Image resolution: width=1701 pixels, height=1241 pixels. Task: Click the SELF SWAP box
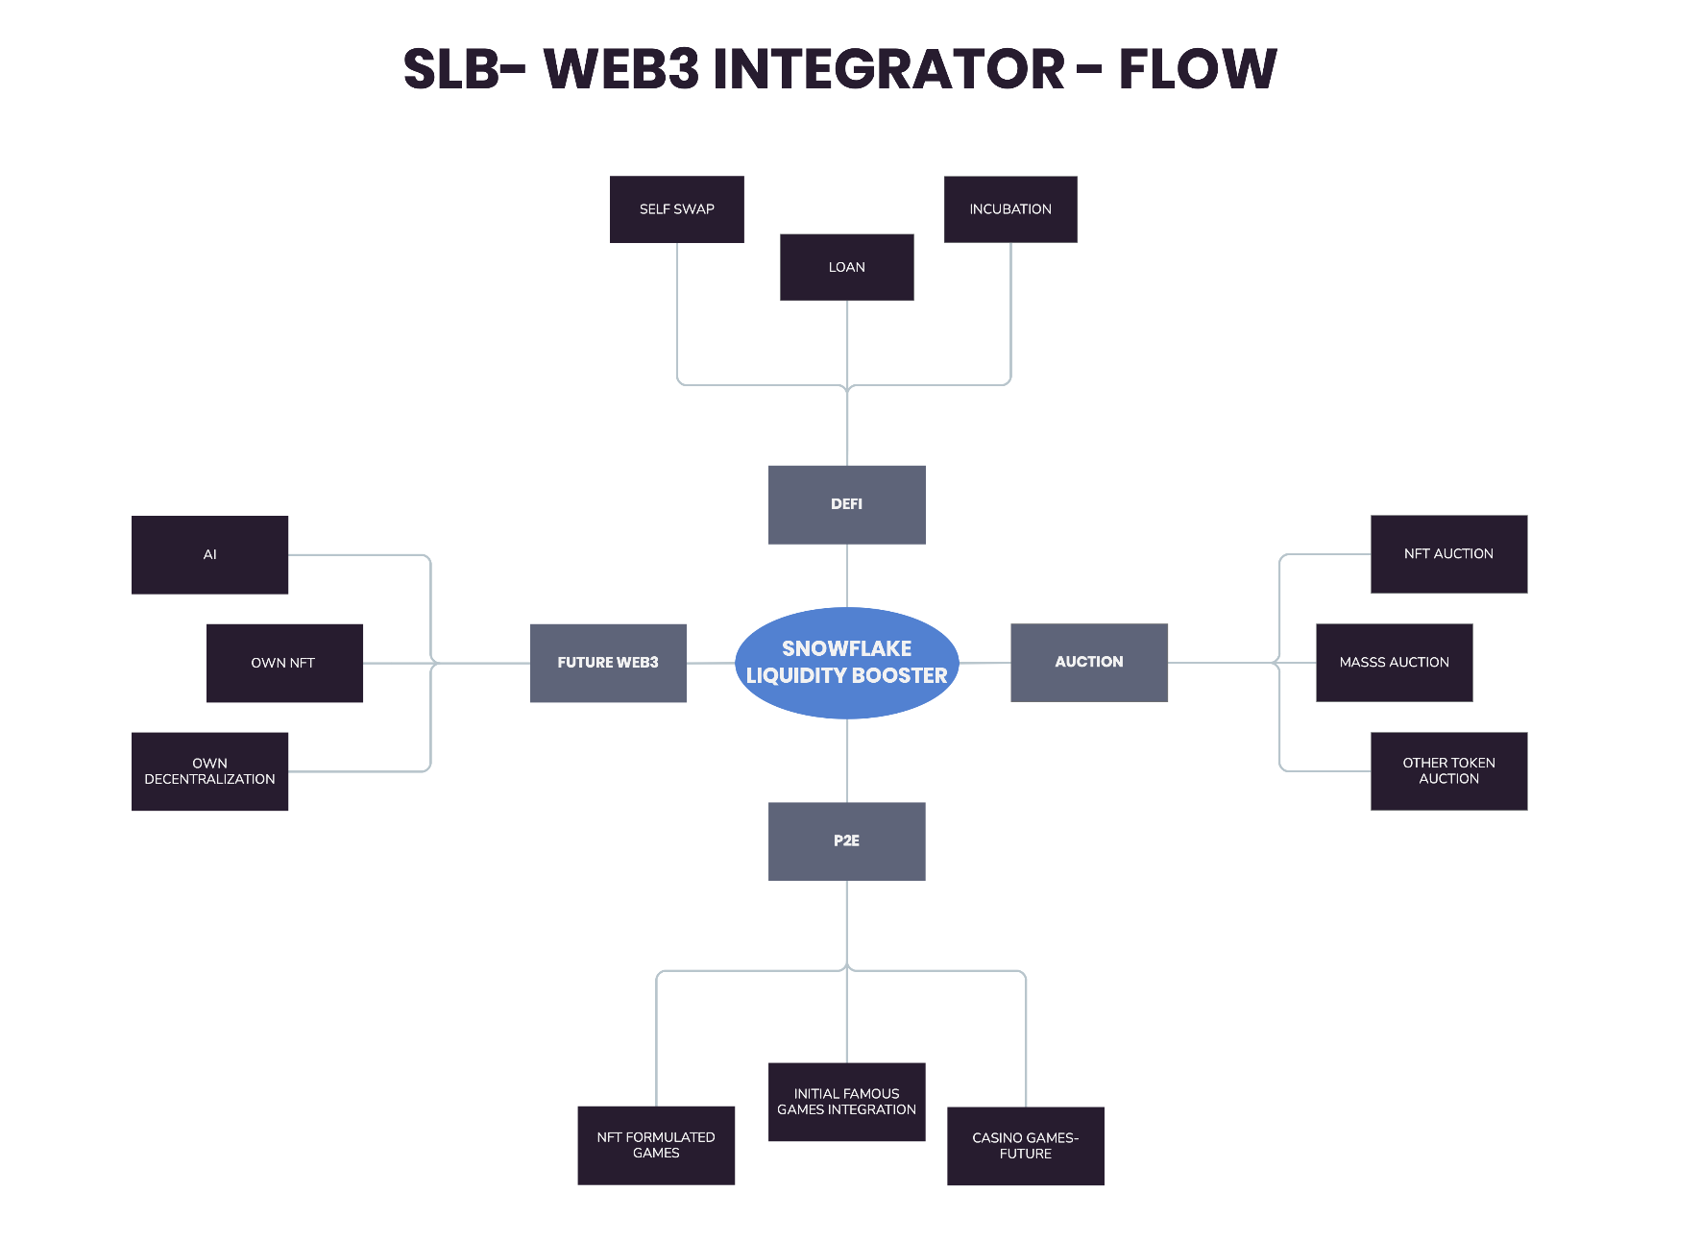coord(676,209)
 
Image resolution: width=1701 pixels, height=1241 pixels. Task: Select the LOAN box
coord(846,267)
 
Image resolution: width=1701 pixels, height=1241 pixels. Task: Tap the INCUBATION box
coord(1010,209)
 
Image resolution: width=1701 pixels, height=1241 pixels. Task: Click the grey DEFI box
coord(846,504)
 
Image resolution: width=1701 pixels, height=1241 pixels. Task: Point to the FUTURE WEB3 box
coord(608,663)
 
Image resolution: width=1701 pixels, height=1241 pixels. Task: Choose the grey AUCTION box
coord(1088,662)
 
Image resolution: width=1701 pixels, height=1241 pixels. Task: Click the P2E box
coord(846,840)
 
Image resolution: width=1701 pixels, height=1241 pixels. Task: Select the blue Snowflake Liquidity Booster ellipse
coord(846,662)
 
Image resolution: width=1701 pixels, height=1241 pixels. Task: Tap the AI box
coord(209,554)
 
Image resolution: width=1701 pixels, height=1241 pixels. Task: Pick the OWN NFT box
coord(284,663)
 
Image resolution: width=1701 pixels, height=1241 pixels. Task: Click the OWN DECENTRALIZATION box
coord(209,771)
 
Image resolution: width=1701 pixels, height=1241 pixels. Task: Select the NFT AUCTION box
coord(1448,554)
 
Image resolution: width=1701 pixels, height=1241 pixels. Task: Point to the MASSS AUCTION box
coord(1394,663)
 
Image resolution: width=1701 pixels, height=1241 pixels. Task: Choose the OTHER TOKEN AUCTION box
coord(1448,771)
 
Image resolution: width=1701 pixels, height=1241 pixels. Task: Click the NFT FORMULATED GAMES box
coord(656,1145)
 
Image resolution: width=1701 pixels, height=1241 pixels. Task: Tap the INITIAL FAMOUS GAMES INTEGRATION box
coord(846,1102)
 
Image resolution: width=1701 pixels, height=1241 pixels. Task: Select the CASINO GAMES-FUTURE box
coord(1025,1146)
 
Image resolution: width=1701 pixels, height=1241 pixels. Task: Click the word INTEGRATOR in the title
coord(888,69)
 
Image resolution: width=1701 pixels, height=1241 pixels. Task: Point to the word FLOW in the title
coord(1198,69)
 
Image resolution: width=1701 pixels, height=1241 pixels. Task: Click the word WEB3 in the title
coord(621,69)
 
